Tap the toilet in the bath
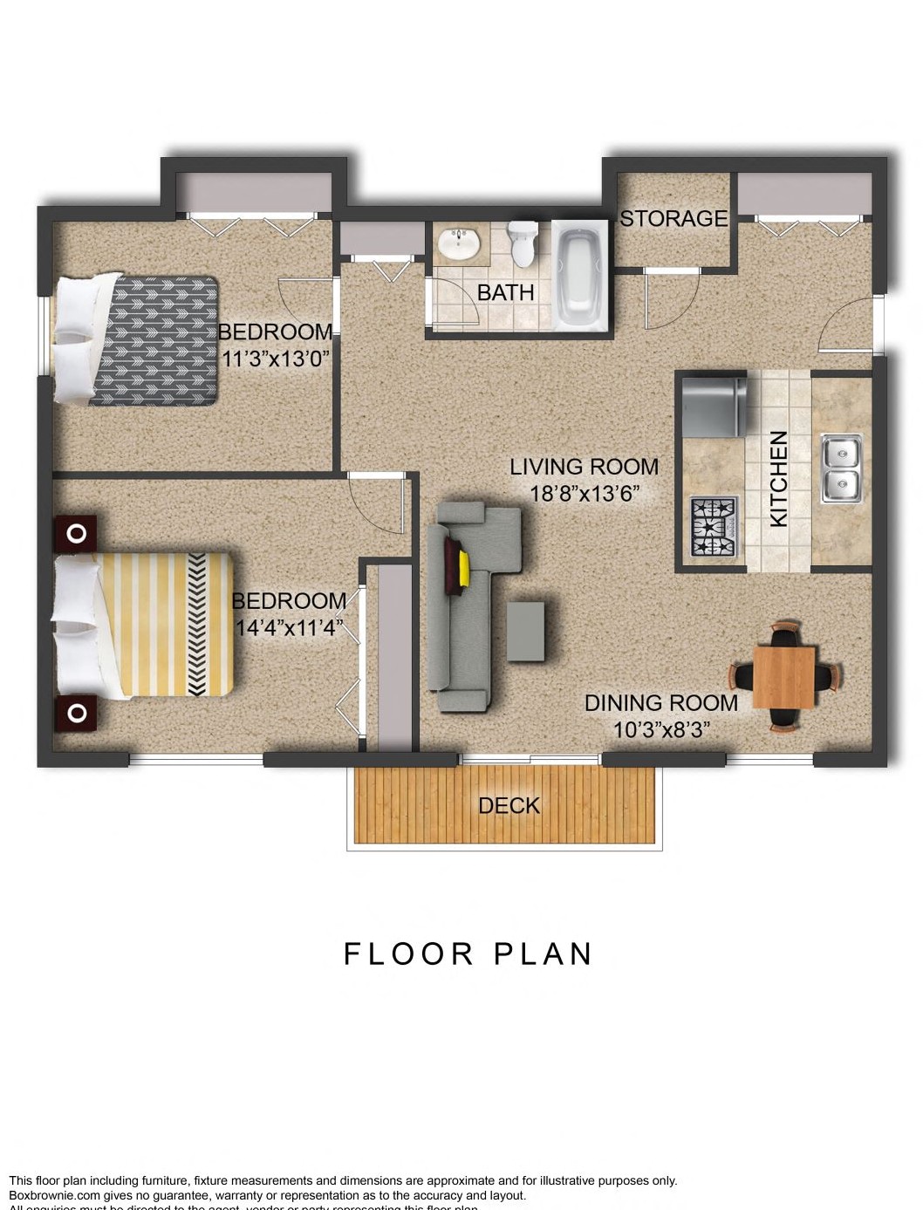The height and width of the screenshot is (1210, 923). tap(523, 243)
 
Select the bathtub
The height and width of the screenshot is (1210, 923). tap(579, 276)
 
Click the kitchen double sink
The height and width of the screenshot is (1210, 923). tap(841, 468)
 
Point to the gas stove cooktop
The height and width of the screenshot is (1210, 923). tap(714, 526)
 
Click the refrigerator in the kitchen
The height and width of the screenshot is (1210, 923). tap(714, 405)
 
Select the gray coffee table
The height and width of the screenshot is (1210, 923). tap(525, 631)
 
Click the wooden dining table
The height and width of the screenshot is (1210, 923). tap(784, 677)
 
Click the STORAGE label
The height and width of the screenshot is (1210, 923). tap(673, 218)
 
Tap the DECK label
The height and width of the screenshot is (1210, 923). tap(509, 805)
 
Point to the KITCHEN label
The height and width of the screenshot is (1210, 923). tap(778, 478)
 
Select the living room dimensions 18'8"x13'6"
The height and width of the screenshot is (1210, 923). tap(585, 493)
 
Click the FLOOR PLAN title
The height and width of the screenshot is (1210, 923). tap(468, 954)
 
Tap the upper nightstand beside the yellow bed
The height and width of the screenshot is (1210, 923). tap(76, 533)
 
